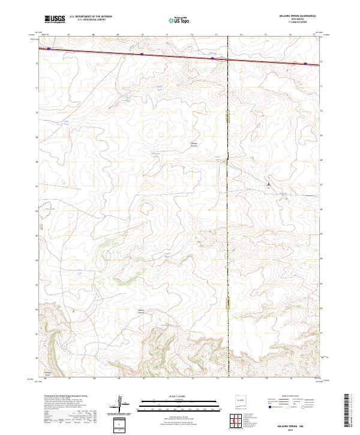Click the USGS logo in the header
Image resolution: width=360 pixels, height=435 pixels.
(55, 19)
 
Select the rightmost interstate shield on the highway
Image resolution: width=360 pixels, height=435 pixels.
(305, 63)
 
